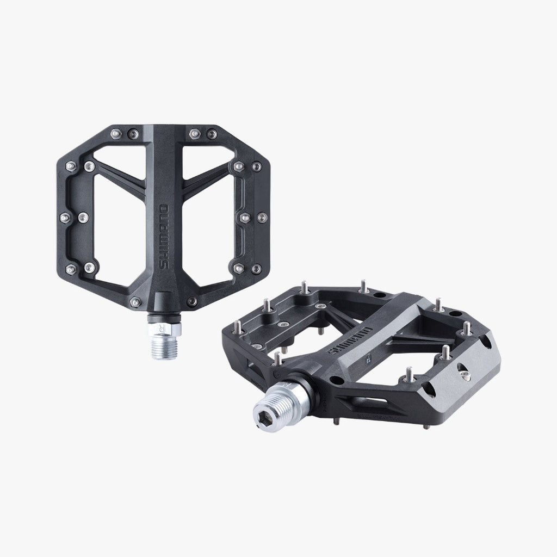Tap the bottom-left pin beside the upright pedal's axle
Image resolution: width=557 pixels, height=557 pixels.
[133, 302]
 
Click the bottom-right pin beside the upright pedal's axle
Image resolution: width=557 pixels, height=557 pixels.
[191, 302]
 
